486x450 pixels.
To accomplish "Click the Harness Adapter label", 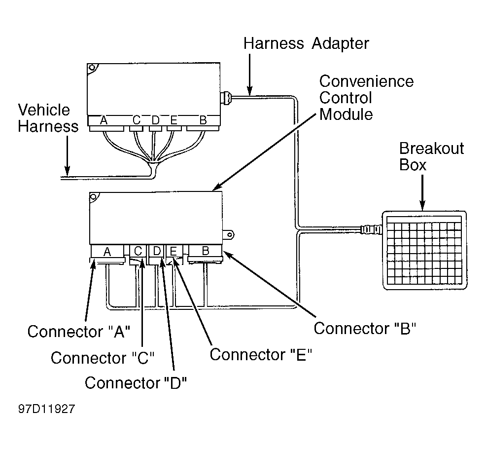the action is [306, 43].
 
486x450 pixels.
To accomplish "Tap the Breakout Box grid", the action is [424, 251].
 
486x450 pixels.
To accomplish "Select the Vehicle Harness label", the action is [48, 118].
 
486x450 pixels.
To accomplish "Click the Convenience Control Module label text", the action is [366, 98].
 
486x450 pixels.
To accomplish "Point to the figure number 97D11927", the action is [46, 409].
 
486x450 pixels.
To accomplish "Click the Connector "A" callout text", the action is [79, 332].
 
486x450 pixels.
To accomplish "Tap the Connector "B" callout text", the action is [365, 328].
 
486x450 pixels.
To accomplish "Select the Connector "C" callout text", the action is [103, 358].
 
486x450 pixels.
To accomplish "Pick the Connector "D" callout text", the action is [136, 383].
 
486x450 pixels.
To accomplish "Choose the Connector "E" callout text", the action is [261, 354].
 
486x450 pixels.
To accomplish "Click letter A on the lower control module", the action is [107, 252].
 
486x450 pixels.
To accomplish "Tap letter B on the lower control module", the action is [206, 251].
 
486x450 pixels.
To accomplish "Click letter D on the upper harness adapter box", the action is [156, 120].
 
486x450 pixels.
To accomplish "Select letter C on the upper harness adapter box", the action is [137, 120].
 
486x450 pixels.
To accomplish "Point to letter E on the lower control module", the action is [174, 251].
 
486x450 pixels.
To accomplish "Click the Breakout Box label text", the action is [431, 156].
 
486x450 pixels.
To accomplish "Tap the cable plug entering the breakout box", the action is [372, 230].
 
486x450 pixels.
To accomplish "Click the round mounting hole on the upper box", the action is [92, 68].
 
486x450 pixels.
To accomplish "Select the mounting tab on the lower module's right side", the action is [228, 235].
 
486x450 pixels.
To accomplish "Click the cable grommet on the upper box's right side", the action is [226, 98].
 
